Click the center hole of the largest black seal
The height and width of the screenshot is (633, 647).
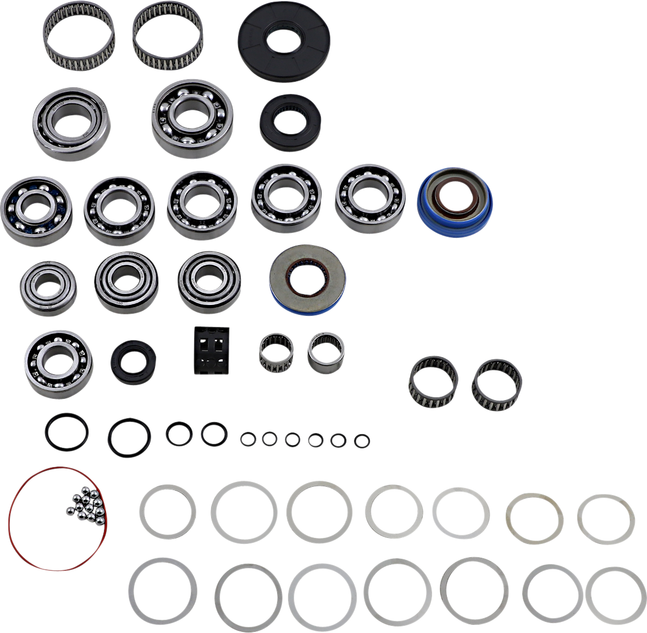[284, 41]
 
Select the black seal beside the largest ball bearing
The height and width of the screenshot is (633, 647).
[290, 123]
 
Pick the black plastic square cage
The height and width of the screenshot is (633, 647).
[212, 351]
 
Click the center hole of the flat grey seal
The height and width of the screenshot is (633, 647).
[306, 279]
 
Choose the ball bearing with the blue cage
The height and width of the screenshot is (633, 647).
[36, 210]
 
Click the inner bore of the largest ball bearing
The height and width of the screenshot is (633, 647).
[192, 118]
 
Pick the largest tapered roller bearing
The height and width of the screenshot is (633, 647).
[71, 123]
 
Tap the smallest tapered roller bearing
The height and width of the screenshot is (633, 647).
[48, 288]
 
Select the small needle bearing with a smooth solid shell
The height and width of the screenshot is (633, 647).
[326, 351]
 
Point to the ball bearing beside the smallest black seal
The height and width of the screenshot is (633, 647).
[58, 363]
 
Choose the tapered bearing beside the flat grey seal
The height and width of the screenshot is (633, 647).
[209, 282]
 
